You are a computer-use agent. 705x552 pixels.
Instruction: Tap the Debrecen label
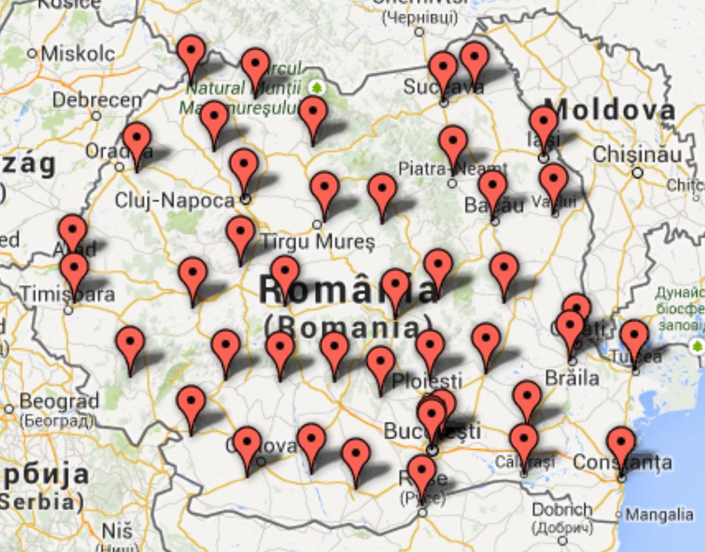[x=97, y=99]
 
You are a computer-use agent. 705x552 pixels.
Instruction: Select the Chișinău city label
[x=637, y=155]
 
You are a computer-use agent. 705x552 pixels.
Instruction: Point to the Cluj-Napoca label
[x=174, y=200]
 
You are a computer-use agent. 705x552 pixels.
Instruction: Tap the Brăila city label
[x=572, y=378]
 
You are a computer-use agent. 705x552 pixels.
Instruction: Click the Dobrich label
[x=562, y=510]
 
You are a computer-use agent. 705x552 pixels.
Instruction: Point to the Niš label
[x=117, y=531]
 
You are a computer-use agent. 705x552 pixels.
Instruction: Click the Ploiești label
[x=427, y=381]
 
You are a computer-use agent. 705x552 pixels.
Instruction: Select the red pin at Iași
[x=544, y=123]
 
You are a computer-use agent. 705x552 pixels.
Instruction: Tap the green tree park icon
[x=316, y=88]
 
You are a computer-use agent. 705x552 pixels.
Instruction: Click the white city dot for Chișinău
[x=637, y=172]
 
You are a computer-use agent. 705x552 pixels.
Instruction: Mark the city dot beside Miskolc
[x=33, y=54]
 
